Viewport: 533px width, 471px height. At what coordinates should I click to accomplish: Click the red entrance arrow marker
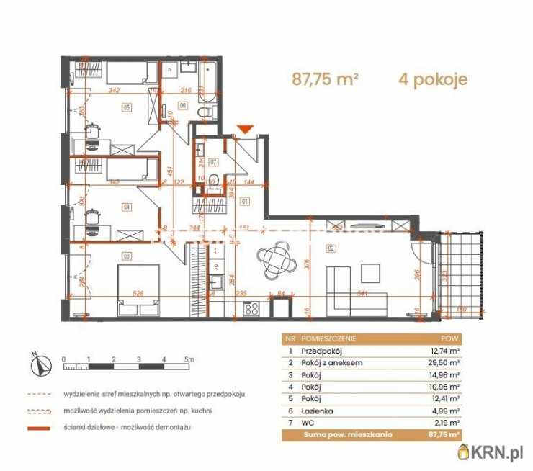click(x=246, y=129)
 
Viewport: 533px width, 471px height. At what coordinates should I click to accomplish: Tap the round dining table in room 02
click(x=277, y=261)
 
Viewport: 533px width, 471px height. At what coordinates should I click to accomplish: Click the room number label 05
click(x=126, y=108)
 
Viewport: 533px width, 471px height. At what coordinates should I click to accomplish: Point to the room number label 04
click(x=127, y=207)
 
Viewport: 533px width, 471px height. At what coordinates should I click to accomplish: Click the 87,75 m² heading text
click(x=325, y=79)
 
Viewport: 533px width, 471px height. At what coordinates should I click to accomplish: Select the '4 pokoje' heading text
click(x=432, y=79)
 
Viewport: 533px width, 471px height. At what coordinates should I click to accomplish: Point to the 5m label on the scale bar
click(x=188, y=358)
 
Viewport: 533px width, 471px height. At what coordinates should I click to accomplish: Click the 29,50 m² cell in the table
click(x=444, y=363)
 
